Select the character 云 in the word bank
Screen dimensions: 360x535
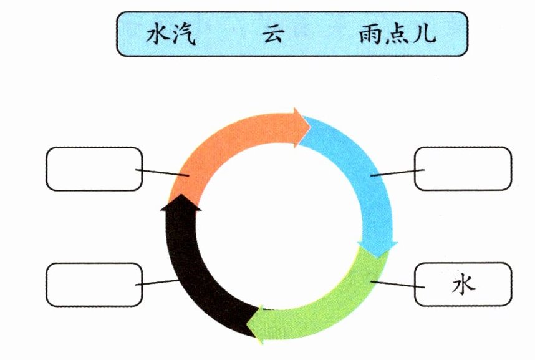(272, 34)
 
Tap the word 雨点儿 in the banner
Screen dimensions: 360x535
(397, 34)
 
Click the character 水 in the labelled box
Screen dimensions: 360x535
(463, 285)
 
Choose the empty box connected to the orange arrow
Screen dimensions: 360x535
(94, 168)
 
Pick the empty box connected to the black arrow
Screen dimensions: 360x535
(94, 285)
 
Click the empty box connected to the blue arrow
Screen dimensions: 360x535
(463, 168)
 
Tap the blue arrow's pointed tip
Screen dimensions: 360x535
(378, 256)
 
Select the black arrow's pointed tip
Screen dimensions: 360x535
(181, 196)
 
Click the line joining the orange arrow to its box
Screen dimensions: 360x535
(162, 172)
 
